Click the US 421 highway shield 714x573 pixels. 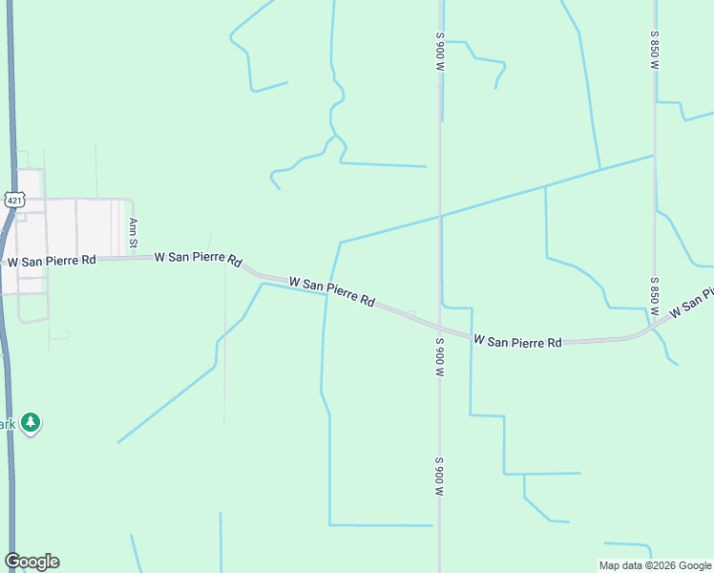pos(12,199)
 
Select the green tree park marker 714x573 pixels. pos(31,423)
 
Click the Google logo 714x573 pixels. pos(31,562)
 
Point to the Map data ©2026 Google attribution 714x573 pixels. pos(655,565)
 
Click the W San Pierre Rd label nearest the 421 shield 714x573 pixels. pos(52,260)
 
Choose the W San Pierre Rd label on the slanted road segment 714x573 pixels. pos(331,291)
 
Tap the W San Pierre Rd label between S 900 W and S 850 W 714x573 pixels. pos(517,341)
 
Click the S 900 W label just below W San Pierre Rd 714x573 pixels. pos(440,360)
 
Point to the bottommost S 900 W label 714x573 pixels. pos(440,477)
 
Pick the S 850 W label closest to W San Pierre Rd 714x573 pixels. pos(655,297)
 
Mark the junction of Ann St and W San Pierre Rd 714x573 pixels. pos(134,257)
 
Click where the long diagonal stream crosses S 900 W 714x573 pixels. pos(440,216)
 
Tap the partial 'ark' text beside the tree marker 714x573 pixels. pos(9,424)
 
